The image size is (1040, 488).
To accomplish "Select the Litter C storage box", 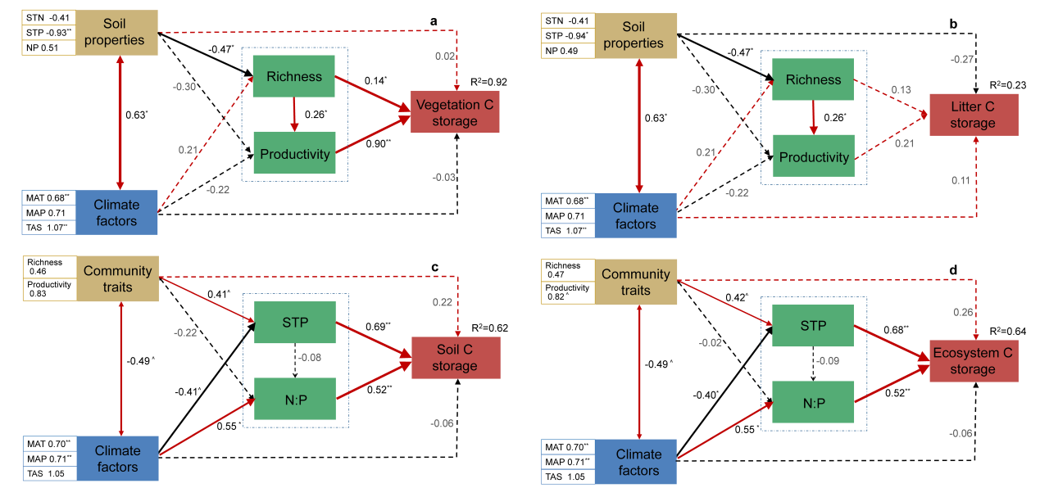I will (973, 115).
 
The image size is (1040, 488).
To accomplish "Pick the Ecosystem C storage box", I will (974, 360).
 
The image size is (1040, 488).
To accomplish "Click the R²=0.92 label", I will (489, 82).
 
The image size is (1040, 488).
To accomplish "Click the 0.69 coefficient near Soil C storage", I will (377, 328).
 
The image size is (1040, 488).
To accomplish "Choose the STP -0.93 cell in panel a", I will (48, 32).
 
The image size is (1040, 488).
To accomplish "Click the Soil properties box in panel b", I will (637, 34).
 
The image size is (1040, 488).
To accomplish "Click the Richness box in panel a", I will (294, 77).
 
